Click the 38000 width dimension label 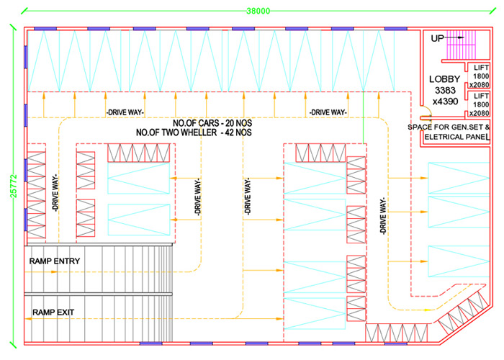pyautogui.click(x=258, y=11)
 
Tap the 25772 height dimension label pyautogui.click(x=14, y=186)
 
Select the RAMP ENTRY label pyautogui.click(x=55, y=261)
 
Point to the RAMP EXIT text pyautogui.click(x=53, y=312)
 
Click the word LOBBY pyautogui.click(x=444, y=79)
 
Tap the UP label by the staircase pyautogui.click(x=437, y=38)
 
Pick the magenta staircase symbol pyautogui.click(x=462, y=45)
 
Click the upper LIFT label pyautogui.click(x=481, y=68)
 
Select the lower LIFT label pyautogui.click(x=481, y=96)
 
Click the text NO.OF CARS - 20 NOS pyautogui.click(x=212, y=123)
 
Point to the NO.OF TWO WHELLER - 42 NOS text pyautogui.click(x=194, y=132)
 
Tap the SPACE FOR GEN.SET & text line pyautogui.click(x=449, y=127)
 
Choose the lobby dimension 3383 pyautogui.click(x=445, y=90)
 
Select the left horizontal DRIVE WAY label pyautogui.click(x=125, y=112)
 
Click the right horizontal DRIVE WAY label pyautogui.click(x=328, y=112)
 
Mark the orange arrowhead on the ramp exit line pyautogui.click(x=28, y=318)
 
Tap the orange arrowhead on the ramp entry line pyautogui.click(x=54, y=272)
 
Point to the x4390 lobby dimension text pyautogui.click(x=445, y=102)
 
